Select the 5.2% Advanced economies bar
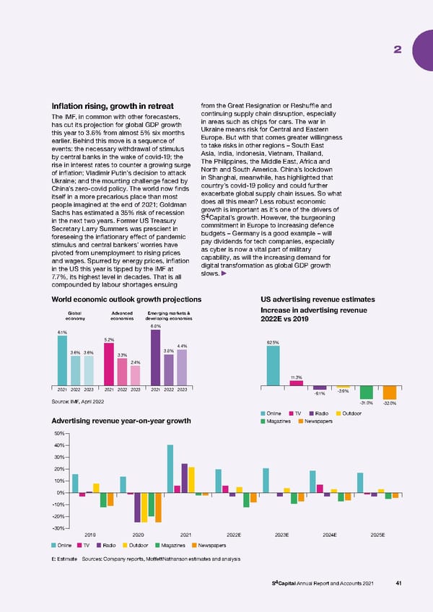[x=110, y=364]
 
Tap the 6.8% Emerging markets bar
[x=155, y=358]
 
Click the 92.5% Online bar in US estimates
[x=273, y=365]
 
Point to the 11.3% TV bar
[x=296, y=383]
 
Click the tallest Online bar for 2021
[x=170, y=468]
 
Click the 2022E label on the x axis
[x=234, y=535]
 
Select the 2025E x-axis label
[x=377, y=535]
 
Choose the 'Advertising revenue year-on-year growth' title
[x=121, y=421]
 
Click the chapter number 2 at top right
[x=397, y=49]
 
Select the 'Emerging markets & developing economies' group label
[x=169, y=316]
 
